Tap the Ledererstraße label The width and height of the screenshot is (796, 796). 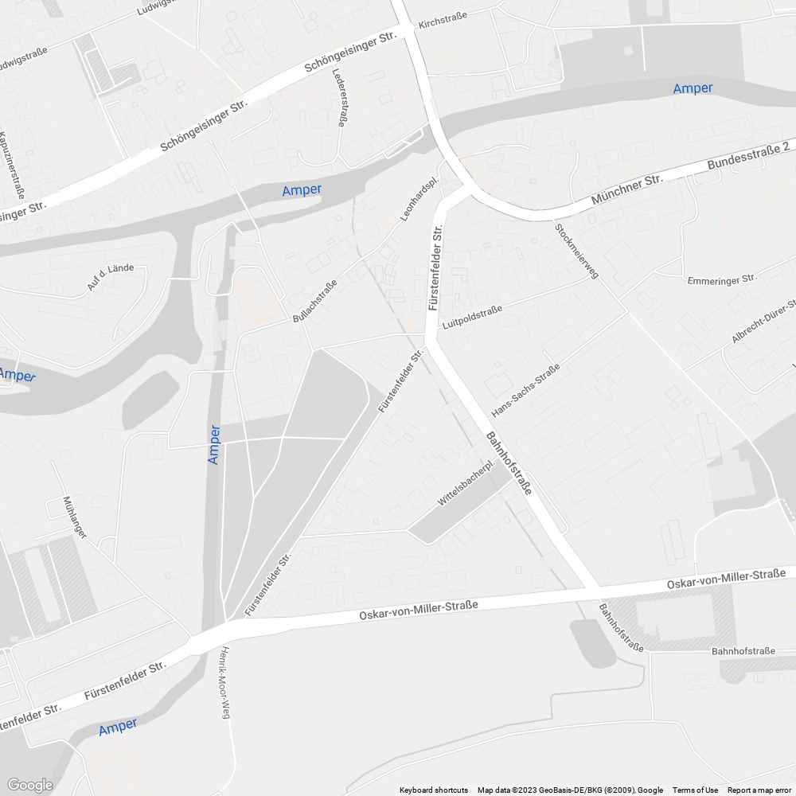pos(340,97)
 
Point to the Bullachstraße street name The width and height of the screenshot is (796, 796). pos(314,300)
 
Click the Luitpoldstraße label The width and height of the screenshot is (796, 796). pos(472,315)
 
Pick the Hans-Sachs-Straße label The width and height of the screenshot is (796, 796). pos(525,391)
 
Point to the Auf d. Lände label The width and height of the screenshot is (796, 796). pos(111,276)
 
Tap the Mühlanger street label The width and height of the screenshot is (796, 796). pos(75,517)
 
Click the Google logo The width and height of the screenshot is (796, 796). pos(30,785)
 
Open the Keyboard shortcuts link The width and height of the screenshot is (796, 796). pos(434,790)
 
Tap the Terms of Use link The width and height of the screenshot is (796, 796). pos(695,790)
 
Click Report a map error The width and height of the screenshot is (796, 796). pos(759,790)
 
